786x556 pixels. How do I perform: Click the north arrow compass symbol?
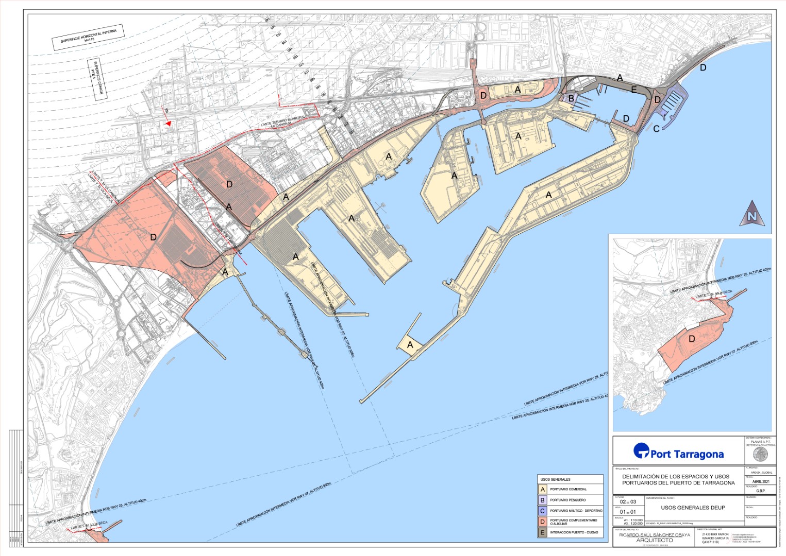[x=752, y=214]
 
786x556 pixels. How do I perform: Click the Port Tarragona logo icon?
[x=641, y=451]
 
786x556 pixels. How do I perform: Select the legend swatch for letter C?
[x=543, y=511]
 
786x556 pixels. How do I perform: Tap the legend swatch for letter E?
[x=543, y=532]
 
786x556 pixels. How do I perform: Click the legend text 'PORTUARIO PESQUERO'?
[x=567, y=500]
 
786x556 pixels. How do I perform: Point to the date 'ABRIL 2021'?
[x=760, y=481]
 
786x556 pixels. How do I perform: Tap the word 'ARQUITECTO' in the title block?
[x=654, y=541]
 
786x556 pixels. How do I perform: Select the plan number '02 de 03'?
[x=628, y=501]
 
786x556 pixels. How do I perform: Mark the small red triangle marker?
[x=168, y=124]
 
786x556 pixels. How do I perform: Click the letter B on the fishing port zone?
[x=571, y=98]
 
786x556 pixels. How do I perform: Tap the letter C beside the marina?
[x=656, y=129]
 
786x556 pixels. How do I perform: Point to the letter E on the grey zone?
[x=634, y=90]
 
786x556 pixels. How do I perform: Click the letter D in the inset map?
[x=692, y=339]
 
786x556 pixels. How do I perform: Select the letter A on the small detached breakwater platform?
[x=410, y=345]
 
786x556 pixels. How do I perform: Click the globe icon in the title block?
[x=760, y=454]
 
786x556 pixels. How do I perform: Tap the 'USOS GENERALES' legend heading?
[x=555, y=479]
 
